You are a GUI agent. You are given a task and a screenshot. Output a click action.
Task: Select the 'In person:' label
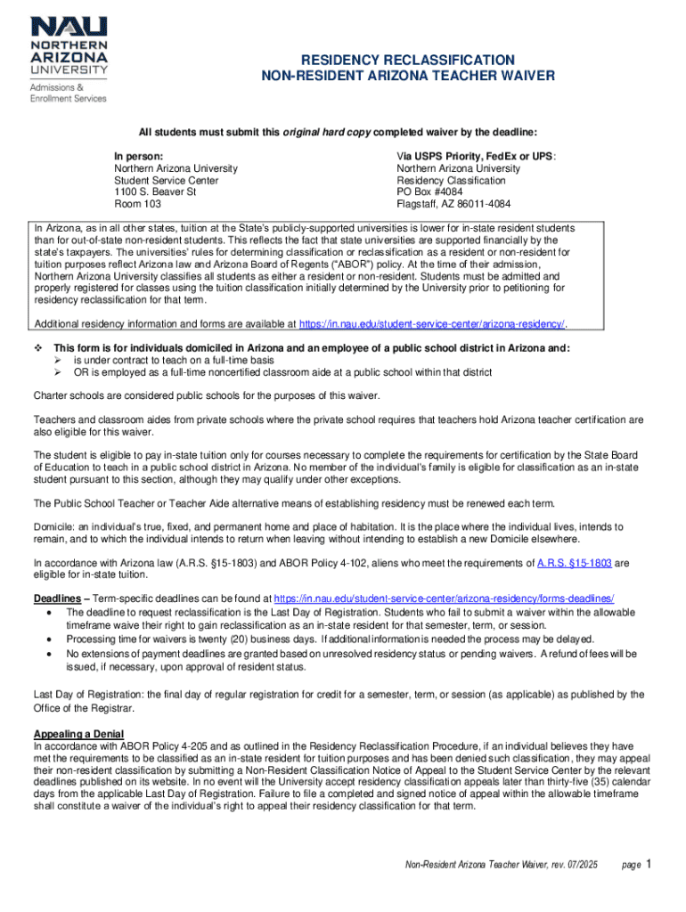(138, 155)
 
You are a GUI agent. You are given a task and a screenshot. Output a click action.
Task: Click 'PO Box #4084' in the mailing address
(431, 191)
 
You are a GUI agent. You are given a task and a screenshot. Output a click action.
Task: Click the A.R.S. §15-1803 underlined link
(576, 563)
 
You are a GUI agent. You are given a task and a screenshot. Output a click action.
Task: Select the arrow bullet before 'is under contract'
(58, 360)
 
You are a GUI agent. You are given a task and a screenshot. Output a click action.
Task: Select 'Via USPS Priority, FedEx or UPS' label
(475, 155)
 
